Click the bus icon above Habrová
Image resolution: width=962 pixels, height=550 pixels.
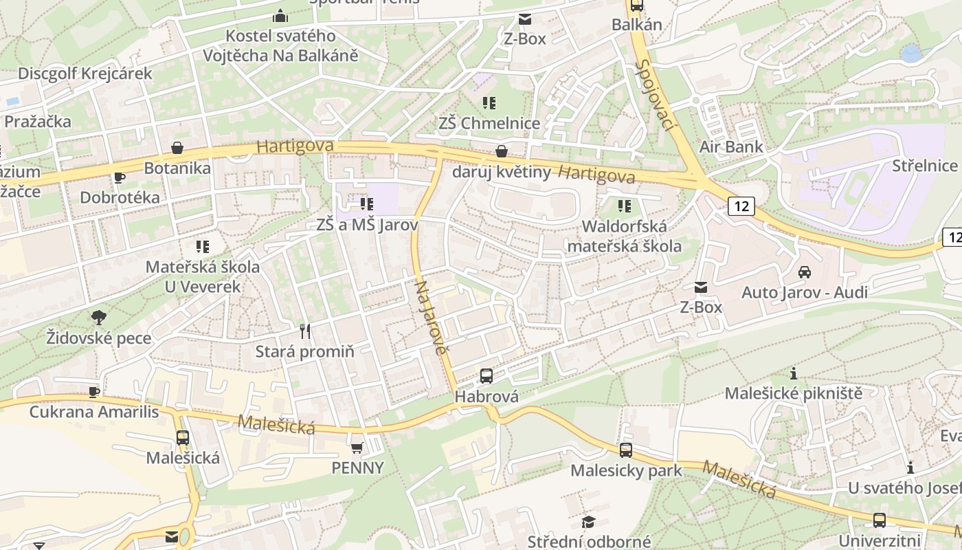486,375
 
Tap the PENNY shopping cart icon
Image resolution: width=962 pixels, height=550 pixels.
357,448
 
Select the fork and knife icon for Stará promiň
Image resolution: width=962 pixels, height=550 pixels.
305,331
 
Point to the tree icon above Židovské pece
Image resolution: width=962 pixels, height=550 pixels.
99,317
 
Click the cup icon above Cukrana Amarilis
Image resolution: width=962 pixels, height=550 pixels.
94,392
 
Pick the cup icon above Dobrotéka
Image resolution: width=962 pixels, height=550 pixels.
120,177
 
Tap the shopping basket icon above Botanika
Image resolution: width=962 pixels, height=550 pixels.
177,148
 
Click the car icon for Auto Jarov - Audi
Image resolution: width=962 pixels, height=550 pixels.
804,272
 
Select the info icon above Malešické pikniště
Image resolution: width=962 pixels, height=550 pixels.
794,373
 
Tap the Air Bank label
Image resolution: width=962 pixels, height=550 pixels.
731,146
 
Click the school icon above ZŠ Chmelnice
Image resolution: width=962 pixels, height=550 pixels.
489,103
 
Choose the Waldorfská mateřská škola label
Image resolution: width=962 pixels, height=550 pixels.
624,236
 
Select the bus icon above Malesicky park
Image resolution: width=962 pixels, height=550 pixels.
625,450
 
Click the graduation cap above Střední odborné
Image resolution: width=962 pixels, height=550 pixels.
588,522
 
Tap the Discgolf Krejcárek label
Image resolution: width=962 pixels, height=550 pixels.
85,74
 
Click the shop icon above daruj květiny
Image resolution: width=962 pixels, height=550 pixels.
502,151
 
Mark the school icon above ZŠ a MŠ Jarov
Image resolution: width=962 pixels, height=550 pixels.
367,203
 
